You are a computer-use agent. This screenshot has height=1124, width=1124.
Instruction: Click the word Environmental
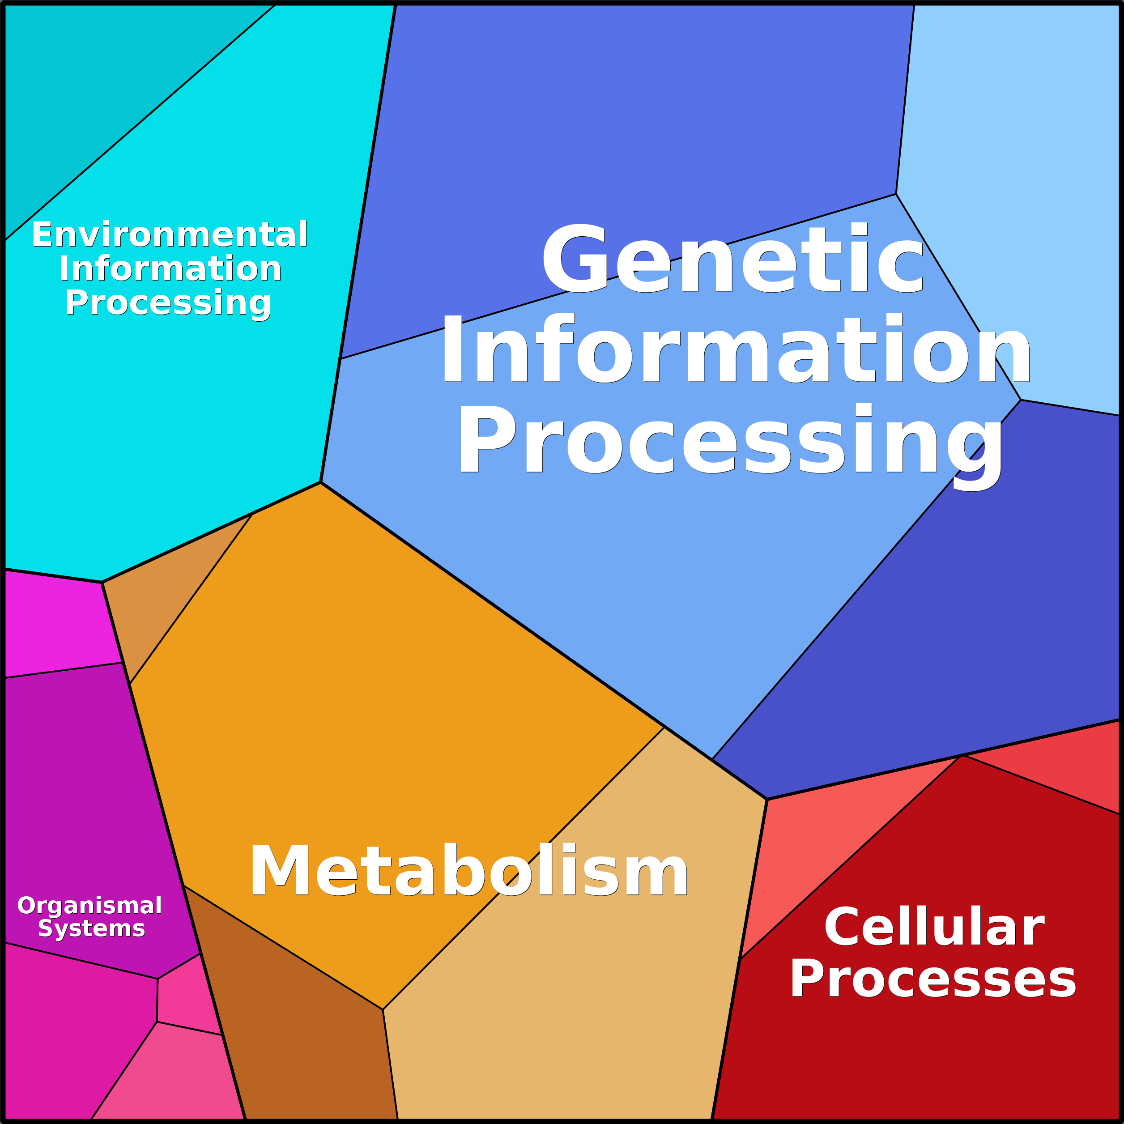[x=169, y=234]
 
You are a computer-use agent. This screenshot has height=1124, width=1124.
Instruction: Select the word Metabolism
[x=468, y=871]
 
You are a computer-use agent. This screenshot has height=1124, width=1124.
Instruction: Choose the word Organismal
[x=89, y=906]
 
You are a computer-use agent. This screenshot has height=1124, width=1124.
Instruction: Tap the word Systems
[x=91, y=928]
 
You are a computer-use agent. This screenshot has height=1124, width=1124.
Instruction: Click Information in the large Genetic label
[x=735, y=349]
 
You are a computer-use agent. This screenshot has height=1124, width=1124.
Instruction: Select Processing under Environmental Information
[x=168, y=302]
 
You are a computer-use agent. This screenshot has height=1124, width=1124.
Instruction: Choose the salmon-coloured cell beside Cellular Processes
[x=814, y=838]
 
